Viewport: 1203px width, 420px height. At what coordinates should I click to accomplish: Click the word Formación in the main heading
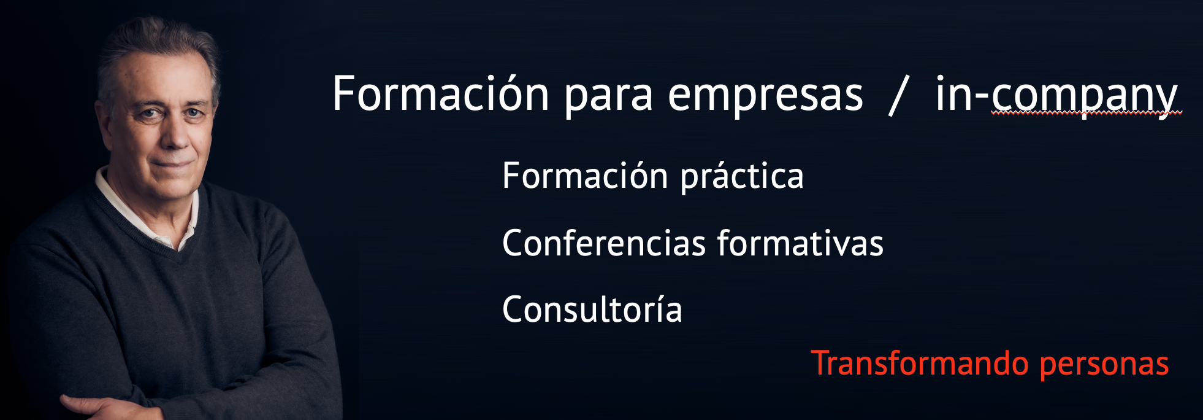440,94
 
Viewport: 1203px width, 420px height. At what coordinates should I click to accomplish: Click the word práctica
742,178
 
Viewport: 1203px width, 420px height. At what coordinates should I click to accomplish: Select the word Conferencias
604,243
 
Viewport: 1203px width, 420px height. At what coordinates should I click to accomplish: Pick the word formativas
800,243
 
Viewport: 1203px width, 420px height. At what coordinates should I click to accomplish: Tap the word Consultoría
592,309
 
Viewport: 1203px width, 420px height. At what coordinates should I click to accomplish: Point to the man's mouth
173,163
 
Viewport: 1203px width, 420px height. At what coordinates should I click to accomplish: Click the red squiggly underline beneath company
1086,114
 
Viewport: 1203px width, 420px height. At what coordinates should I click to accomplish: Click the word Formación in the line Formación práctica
585,176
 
